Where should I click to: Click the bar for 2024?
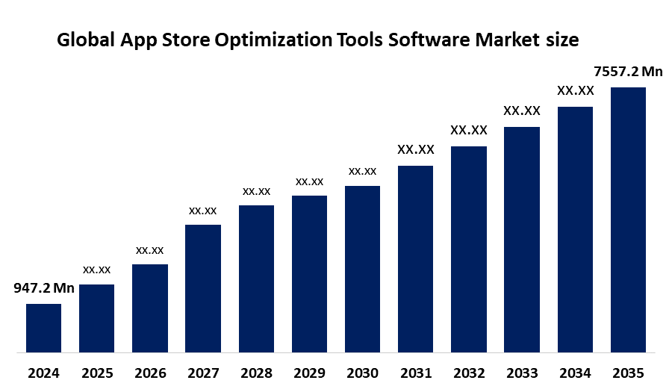[43, 327]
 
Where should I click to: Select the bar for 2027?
[203, 287]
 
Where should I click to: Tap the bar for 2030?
[362, 268]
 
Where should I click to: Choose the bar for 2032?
[469, 248]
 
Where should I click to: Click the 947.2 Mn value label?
[44, 288]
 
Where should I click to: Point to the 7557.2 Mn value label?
[628, 72]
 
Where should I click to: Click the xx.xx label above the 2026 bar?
[149, 249]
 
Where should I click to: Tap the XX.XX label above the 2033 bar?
[522, 111]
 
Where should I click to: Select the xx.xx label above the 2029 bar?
[309, 181]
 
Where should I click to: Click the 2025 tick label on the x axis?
[97, 373]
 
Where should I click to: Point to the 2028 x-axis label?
[256, 373]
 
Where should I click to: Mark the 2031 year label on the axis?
[416, 373]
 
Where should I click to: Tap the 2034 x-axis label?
[575, 373]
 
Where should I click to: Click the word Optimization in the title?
[270, 40]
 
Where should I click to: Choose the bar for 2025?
[97, 317]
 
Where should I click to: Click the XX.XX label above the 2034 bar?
[575, 91]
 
